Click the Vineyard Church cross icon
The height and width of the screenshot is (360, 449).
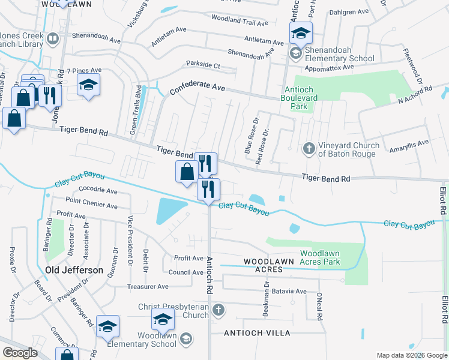(x=309, y=148)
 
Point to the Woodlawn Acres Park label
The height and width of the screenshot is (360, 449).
(x=320, y=257)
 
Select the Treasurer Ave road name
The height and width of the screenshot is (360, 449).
(x=147, y=287)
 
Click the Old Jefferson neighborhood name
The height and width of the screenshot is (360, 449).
(x=74, y=270)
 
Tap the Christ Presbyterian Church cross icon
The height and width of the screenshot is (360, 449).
(x=218, y=310)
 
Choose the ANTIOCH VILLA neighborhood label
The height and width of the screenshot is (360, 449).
(x=257, y=332)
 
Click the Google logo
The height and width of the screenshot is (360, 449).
(x=20, y=353)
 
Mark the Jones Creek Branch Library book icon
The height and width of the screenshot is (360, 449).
(x=52, y=40)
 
